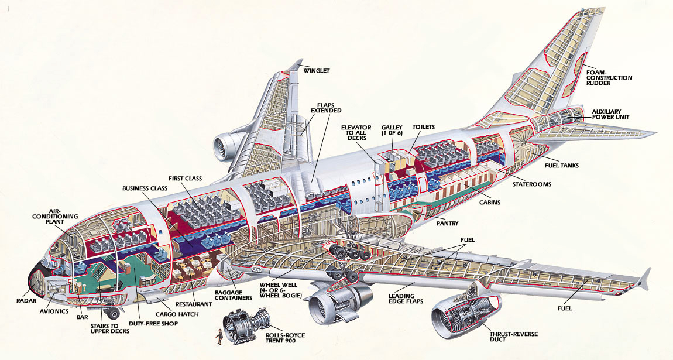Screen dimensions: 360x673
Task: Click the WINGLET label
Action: [x=317, y=71]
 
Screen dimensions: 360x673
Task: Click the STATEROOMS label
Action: [x=531, y=184]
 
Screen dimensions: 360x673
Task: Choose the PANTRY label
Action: [x=447, y=223]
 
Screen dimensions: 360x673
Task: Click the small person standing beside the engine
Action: [x=219, y=337]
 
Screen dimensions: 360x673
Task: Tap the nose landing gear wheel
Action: [x=112, y=313]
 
